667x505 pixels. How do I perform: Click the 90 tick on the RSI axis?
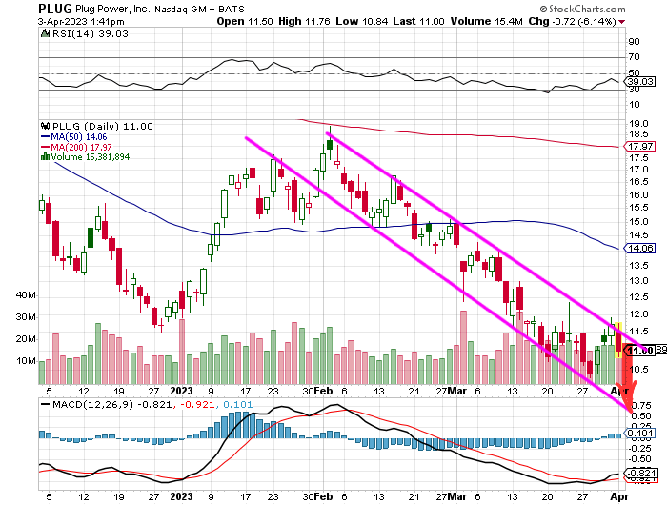click(x=633, y=42)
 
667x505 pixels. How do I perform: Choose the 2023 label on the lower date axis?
click(x=179, y=496)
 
